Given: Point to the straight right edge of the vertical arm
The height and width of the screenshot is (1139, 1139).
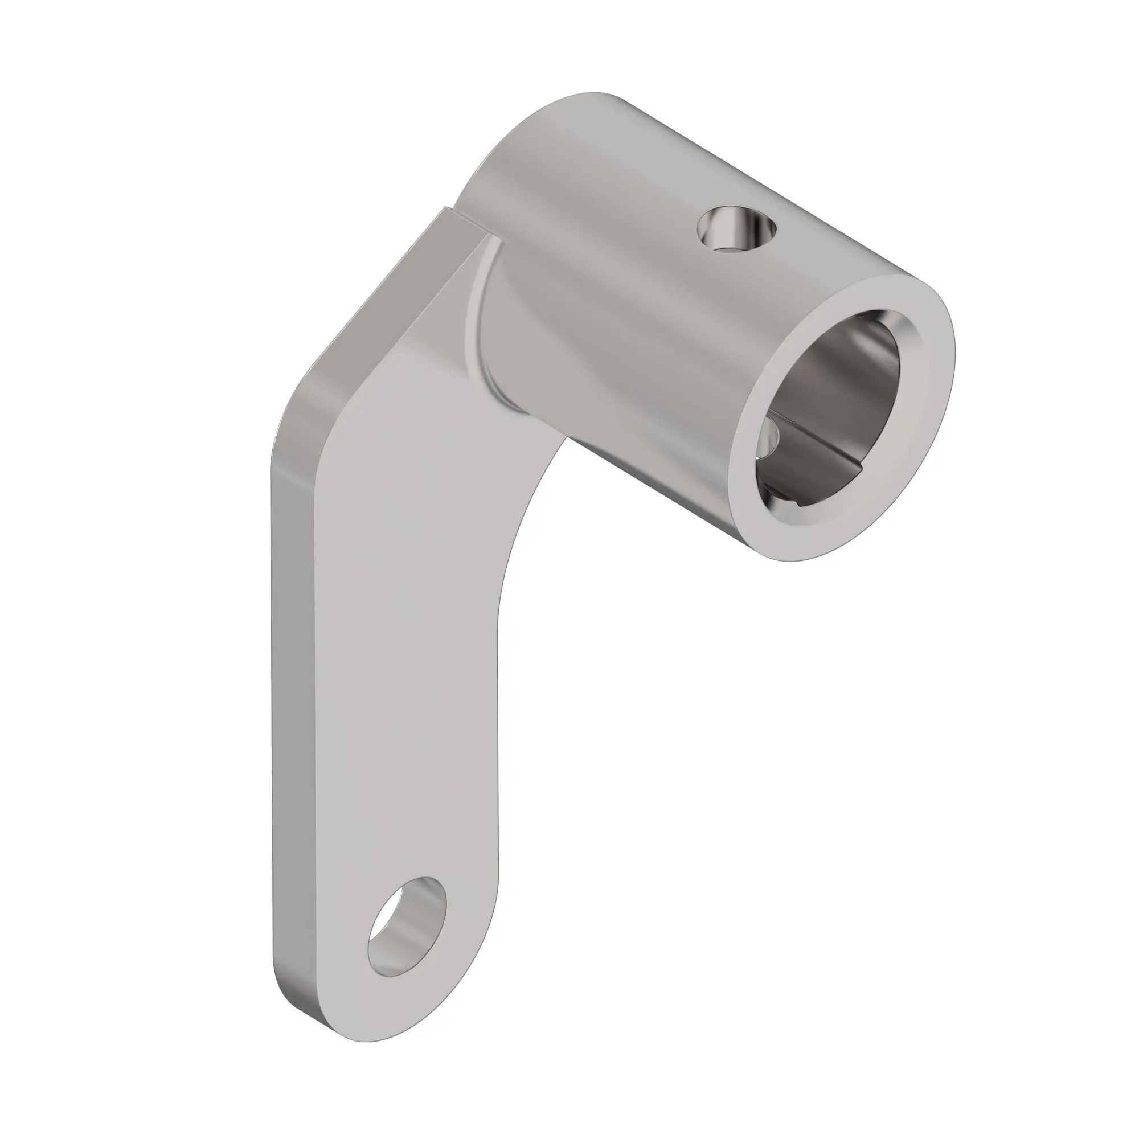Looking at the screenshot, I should coord(499,737).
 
